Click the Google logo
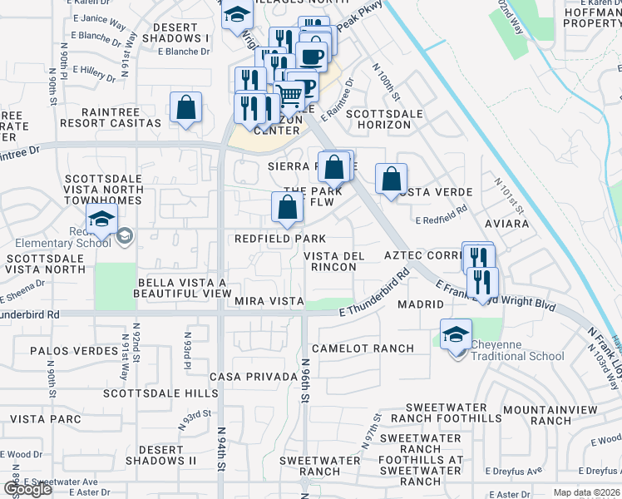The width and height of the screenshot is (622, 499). pos(27,489)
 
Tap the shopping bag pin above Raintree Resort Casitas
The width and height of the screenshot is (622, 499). pos(185,108)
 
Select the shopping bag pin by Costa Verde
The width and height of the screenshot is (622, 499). pos(391,179)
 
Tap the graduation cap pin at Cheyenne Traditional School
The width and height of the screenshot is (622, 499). pos(456,336)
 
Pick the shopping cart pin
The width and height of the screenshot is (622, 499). pos(289,97)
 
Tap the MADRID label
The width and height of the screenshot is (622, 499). pos(420,304)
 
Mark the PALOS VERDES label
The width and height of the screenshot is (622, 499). pos(74,351)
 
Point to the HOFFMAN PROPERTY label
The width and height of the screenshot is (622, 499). pos(591,17)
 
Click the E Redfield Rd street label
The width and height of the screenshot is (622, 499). pos(444,216)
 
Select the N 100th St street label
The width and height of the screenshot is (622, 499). pos(386,83)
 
